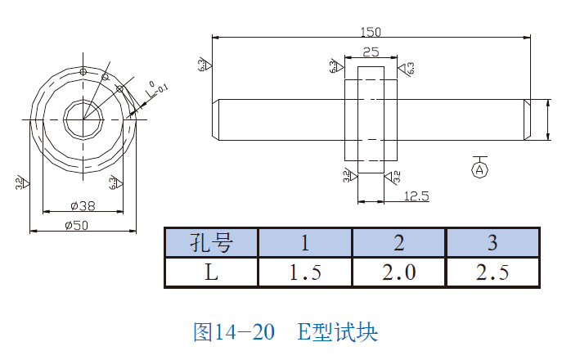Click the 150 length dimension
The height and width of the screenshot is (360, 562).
pos(371,32)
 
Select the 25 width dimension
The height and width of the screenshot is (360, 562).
pos(371,52)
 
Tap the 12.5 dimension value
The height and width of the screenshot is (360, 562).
pos(416,196)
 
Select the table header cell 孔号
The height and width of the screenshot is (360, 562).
pos(211,242)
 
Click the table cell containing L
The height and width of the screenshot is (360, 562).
pos(211,272)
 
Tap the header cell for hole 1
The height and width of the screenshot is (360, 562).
pos(305,242)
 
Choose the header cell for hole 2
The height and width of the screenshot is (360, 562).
pos(399,242)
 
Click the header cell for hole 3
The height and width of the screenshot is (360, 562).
pos(492,242)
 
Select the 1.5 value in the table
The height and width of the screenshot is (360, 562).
pos(305,272)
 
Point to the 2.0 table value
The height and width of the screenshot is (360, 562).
pos(399,272)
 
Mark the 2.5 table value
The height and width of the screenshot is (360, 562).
pos(492,272)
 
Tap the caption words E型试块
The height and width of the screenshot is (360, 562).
pos(336,331)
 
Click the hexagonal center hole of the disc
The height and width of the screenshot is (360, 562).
pos(83,119)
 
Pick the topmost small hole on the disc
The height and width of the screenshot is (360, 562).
pos(83,72)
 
